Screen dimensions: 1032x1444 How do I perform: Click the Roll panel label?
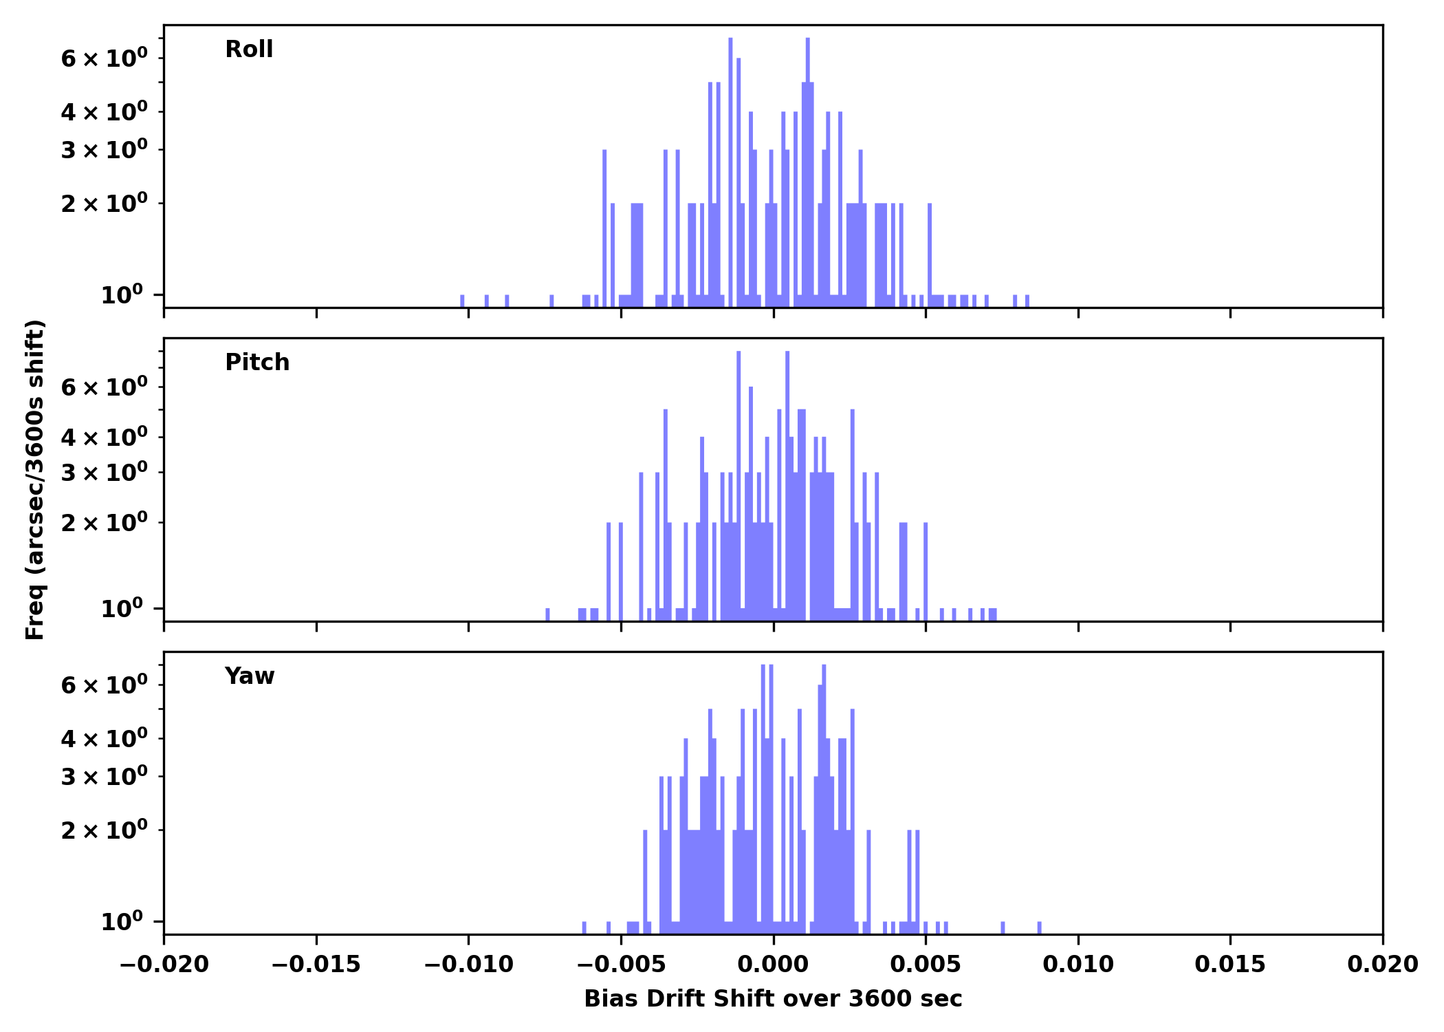click(249, 50)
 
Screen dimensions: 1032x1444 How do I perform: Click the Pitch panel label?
click(257, 363)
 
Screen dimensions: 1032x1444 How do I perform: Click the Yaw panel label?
click(250, 676)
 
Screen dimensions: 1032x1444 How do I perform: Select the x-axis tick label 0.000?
click(773, 965)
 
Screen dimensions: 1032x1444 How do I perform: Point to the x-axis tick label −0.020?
click(164, 965)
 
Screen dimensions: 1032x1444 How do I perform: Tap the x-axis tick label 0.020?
click(1382, 965)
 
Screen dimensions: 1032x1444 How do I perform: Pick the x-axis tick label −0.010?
click(468, 965)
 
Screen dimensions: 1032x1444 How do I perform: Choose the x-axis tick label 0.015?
click(1230, 965)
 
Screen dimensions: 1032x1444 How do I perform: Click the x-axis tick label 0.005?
click(926, 965)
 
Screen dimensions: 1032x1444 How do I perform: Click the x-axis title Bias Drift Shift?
click(773, 999)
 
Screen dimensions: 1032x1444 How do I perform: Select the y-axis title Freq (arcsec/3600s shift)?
click(35, 480)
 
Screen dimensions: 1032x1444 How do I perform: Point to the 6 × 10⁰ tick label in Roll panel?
click(104, 58)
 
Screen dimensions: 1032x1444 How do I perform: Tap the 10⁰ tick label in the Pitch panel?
click(122, 609)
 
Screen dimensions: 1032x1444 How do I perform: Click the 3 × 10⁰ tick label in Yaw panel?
click(104, 777)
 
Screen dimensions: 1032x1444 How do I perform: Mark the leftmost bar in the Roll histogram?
click(462, 301)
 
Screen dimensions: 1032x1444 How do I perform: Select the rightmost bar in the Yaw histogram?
click(1039, 927)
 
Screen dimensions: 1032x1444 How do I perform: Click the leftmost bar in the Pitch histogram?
click(547, 614)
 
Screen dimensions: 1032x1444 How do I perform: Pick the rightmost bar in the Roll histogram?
click(1027, 301)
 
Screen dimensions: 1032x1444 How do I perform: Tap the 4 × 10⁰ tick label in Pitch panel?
click(104, 437)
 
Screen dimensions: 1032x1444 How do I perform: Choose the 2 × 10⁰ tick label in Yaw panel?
click(104, 830)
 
